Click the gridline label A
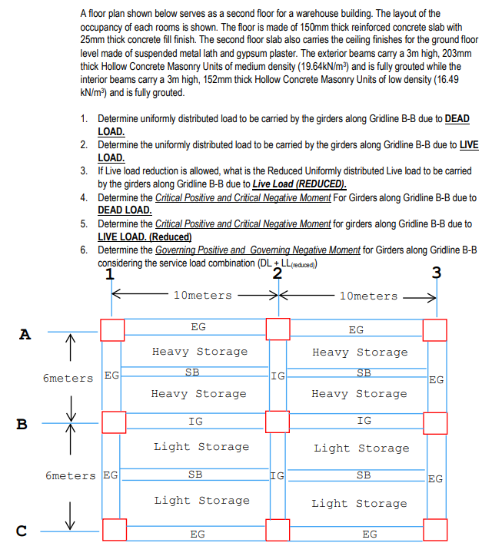[26, 334]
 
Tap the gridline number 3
[437, 272]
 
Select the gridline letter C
[22, 530]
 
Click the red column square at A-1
[112, 330]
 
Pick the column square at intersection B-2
[278, 422]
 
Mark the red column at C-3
[436, 529]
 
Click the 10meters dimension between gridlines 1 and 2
[203, 296]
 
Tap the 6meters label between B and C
[71, 475]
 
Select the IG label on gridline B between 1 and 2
[196, 421]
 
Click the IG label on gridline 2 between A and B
[278, 376]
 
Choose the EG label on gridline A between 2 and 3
[357, 330]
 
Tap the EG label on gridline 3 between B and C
[435, 479]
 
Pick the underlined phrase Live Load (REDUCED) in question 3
[299, 184]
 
